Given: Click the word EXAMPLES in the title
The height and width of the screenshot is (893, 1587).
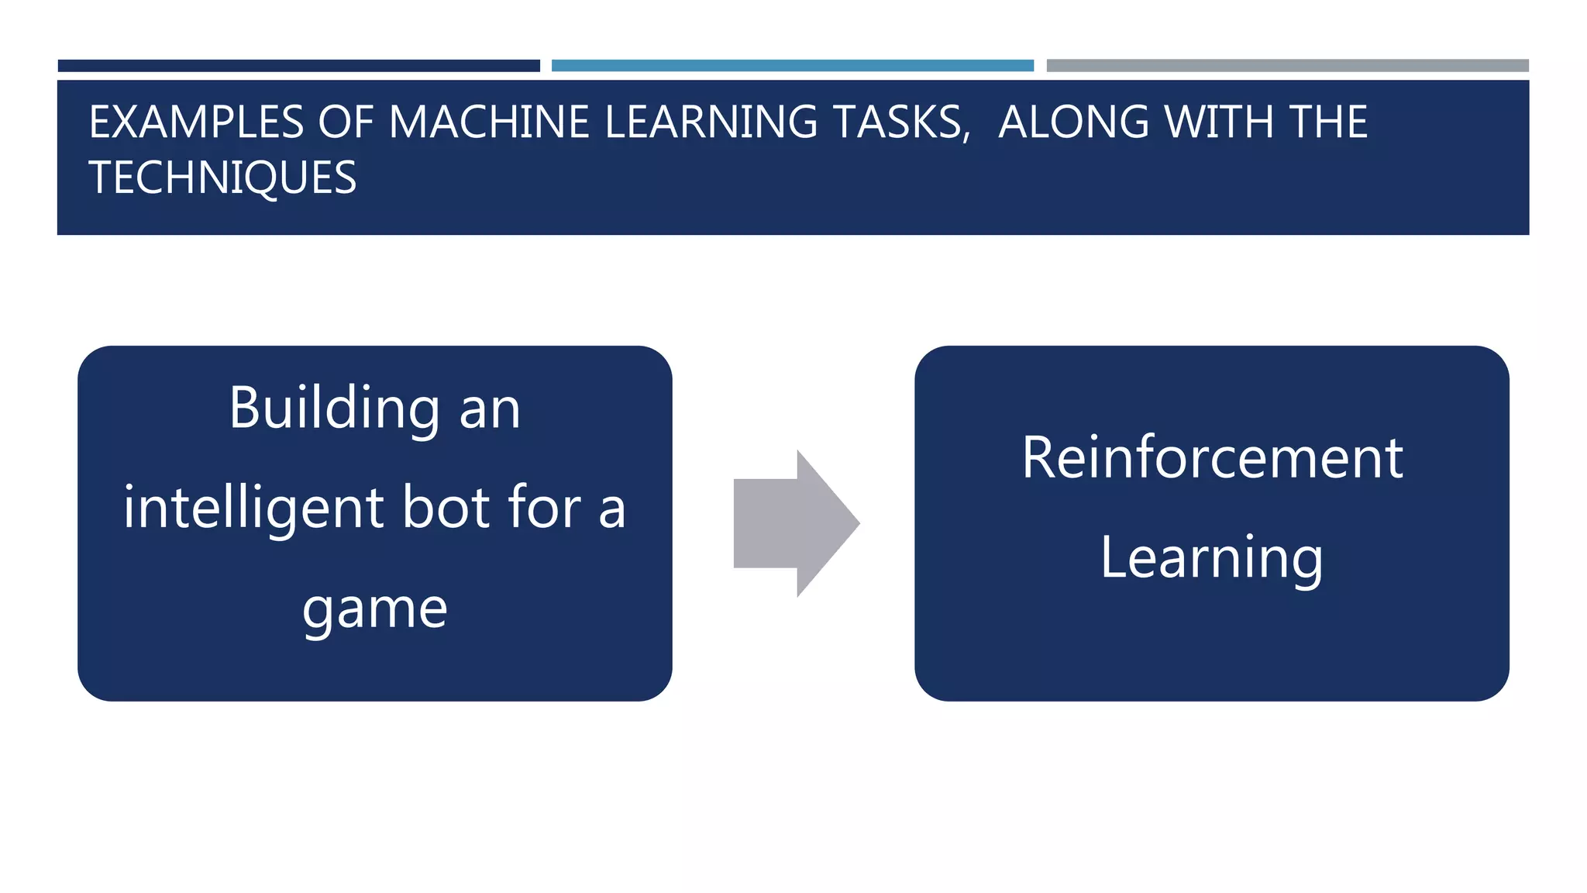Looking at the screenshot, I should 196,122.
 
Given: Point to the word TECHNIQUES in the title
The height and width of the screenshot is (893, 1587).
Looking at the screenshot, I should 222,178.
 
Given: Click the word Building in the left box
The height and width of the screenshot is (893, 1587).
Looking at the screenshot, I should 335,409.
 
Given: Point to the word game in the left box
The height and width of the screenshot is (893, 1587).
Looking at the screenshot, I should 375,609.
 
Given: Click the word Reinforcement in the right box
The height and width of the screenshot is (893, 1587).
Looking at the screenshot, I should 1212,458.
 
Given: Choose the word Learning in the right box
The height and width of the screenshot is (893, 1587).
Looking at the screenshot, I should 1212,558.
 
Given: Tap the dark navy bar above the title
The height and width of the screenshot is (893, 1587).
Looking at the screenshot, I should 298,66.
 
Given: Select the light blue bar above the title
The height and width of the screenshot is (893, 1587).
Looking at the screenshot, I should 792,66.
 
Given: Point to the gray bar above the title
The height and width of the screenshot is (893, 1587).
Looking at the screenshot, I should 1287,66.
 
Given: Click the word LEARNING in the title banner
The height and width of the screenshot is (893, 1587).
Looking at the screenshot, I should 711,122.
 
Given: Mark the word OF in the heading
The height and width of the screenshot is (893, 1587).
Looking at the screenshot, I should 346,122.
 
